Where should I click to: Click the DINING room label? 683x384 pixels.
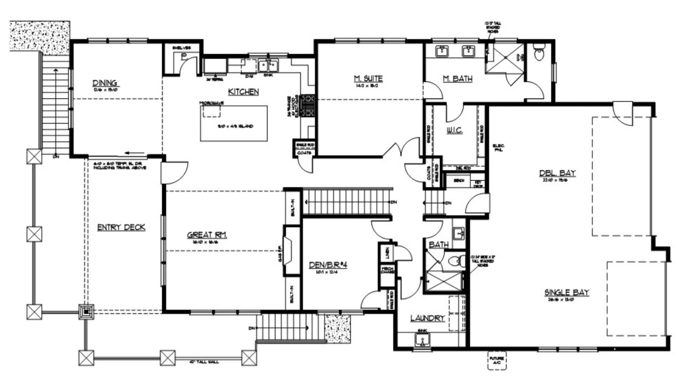click(105, 83)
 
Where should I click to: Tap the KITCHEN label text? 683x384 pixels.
click(243, 92)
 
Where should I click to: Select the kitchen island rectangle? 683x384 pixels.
click(234, 123)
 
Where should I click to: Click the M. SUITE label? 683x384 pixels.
click(368, 78)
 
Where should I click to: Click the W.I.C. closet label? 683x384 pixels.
click(455, 131)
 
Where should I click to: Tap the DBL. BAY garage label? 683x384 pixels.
click(557, 173)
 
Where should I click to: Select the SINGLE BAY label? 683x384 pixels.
click(567, 292)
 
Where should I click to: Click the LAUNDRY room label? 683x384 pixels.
click(428, 318)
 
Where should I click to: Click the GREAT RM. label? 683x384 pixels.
click(207, 235)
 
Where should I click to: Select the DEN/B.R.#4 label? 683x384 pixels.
click(328, 265)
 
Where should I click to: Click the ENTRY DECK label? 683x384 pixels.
click(121, 228)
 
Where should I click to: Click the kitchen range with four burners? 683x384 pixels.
click(308, 105)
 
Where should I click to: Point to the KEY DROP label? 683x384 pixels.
click(478, 184)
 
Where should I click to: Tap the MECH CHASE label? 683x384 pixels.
click(387, 270)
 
